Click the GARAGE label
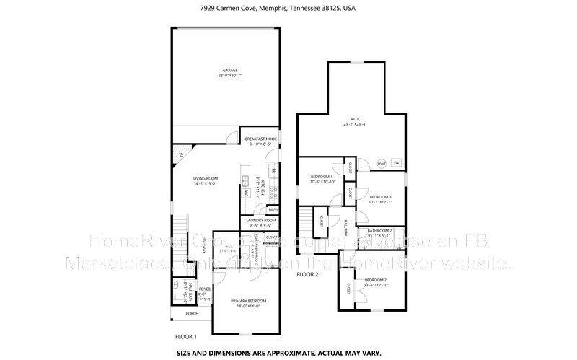(x=229, y=70)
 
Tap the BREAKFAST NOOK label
(x=260, y=139)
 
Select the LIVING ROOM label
(x=206, y=180)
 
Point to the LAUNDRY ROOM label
(x=260, y=220)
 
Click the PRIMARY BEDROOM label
(x=248, y=301)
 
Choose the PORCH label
(x=192, y=313)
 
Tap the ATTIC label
(x=355, y=118)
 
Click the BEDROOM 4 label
(x=321, y=177)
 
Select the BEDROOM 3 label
(x=380, y=197)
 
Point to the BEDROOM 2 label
(x=376, y=280)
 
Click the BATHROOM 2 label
(x=379, y=230)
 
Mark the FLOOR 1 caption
(x=186, y=336)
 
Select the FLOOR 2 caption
(x=307, y=275)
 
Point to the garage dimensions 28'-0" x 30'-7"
(x=229, y=75)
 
